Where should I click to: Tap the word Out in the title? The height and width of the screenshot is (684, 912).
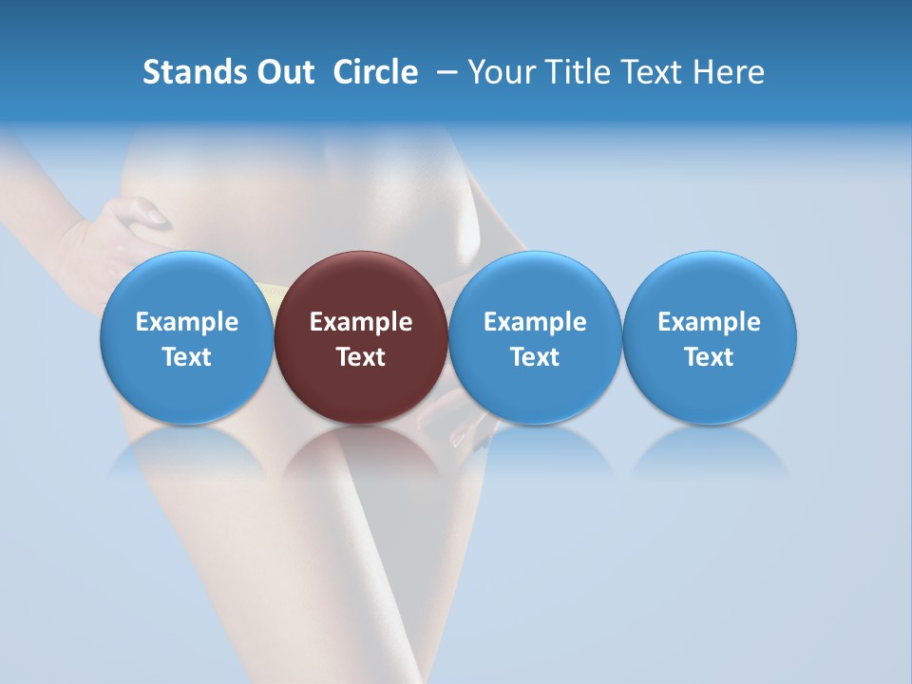click(282, 72)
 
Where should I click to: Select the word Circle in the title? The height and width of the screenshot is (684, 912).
click(375, 72)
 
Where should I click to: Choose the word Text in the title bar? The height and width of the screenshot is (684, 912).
click(655, 72)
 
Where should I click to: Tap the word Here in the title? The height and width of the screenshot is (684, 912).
click(731, 72)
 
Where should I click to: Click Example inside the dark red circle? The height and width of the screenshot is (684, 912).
click(361, 322)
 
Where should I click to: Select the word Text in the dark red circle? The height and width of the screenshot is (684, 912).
click(361, 357)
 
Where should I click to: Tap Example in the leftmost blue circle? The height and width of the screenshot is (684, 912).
click(187, 322)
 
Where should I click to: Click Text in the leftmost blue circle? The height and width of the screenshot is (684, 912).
click(187, 357)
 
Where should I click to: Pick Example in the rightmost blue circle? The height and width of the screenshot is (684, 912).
click(709, 322)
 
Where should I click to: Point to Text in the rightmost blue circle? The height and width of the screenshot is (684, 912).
click(709, 357)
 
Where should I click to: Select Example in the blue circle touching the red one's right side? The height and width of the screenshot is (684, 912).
click(535, 322)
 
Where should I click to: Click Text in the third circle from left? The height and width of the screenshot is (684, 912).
click(535, 357)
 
